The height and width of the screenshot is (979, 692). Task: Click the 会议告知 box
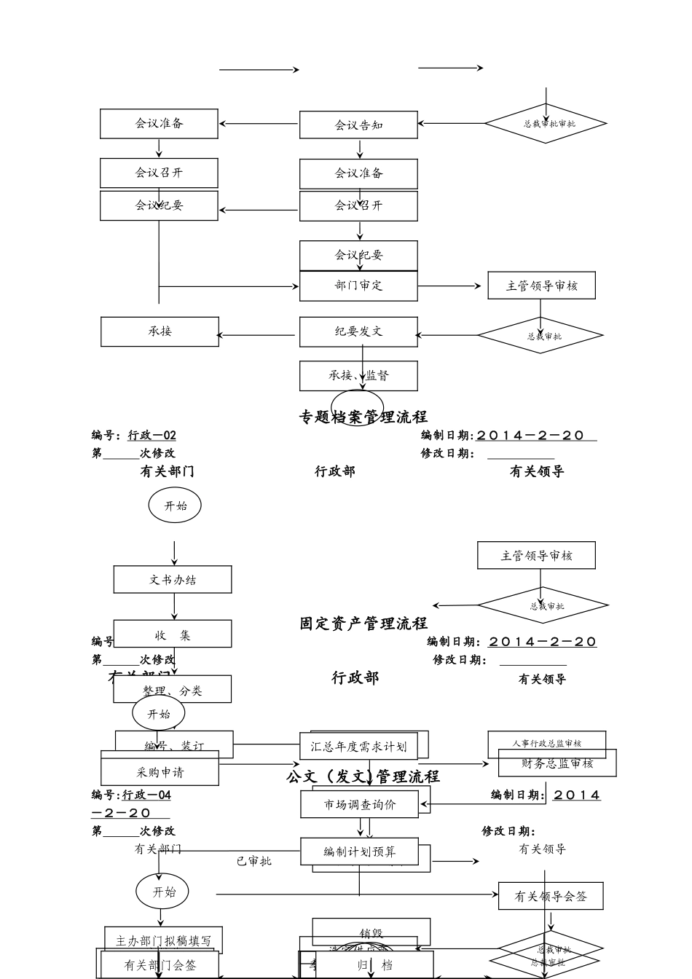tap(358, 125)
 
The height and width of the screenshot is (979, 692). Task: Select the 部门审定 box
tap(358, 286)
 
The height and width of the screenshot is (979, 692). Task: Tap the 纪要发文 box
tap(358, 331)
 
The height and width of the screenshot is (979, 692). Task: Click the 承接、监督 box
tap(358, 376)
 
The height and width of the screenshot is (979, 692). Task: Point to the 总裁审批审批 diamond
tap(546, 123)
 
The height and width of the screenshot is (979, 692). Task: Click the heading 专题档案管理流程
tap(363, 417)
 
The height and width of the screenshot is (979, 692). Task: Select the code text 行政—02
tap(152, 436)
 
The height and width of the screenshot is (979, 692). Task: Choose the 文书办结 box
tap(173, 580)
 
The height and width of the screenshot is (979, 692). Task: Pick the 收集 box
tap(173, 634)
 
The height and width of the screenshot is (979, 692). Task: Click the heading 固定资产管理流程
tap(363, 624)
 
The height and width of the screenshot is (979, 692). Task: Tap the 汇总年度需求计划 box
tap(358, 747)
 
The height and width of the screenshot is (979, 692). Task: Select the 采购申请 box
tap(160, 773)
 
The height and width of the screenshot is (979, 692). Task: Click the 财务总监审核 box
tap(557, 763)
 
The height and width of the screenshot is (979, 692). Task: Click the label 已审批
tap(253, 861)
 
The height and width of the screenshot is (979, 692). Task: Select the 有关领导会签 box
tap(551, 897)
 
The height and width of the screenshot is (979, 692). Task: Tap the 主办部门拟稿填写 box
tap(164, 940)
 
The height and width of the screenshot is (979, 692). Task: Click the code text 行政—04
tap(146, 795)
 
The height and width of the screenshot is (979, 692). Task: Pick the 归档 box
tap(376, 966)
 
